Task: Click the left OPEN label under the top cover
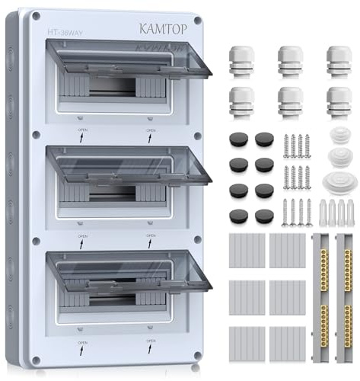point(83,131)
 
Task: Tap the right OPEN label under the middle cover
point(151,235)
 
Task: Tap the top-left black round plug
point(237,139)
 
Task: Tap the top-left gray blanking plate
point(246,250)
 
